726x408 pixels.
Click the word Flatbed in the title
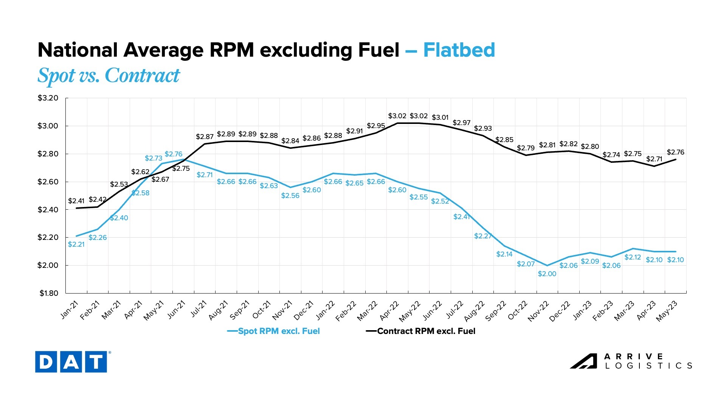pyautogui.click(x=459, y=50)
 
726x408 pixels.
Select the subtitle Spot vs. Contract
pyautogui.click(x=109, y=76)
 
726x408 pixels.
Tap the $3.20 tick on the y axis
pyautogui.click(x=48, y=98)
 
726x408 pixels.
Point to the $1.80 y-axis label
pyautogui.click(x=48, y=293)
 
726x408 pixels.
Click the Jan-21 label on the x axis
pyautogui.click(x=70, y=310)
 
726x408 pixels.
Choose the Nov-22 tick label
pyautogui.click(x=538, y=311)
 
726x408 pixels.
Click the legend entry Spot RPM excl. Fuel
pyautogui.click(x=273, y=331)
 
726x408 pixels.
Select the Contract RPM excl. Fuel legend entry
pyautogui.click(x=420, y=331)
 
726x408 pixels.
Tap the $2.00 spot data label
pyautogui.click(x=547, y=274)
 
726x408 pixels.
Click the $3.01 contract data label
pyautogui.click(x=440, y=117)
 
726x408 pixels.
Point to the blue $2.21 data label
pyautogui.click(x=76, y=244)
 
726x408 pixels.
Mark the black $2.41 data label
pyautogui.click(x=76, y=201)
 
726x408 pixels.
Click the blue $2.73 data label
pyautogui.click(x=154, y=158)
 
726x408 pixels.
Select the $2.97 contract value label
pyautogui.click(x=462, y=123)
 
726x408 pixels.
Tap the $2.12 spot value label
pyautogui.click(x=633, y=257)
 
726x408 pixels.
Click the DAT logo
pyautogui.click(x=71, y=362)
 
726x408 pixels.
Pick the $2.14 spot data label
pyautogui.click(x=504, y=254)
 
